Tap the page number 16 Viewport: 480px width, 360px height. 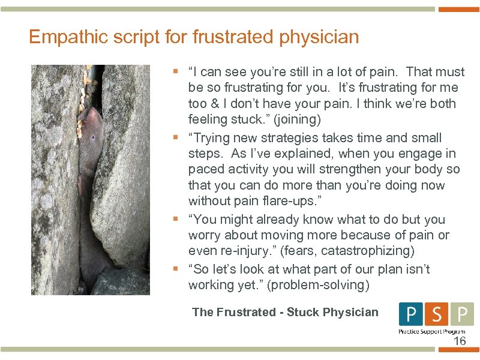pyautogui.click(x=459, y=341)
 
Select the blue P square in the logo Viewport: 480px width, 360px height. pyautogui.click(x=411, y=314)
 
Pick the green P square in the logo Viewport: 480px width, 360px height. pyautogui.click(x=461, y=314)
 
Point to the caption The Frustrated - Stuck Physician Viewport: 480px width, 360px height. pyautogui.click(x=285, y=312)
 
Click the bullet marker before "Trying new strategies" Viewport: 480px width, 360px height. pyautogui.click(x=175, y=138)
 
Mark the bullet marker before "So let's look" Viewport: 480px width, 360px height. pyautogui.click(x=175, y=269)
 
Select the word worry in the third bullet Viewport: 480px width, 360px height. pyautogui.click(x=206, y=235)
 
